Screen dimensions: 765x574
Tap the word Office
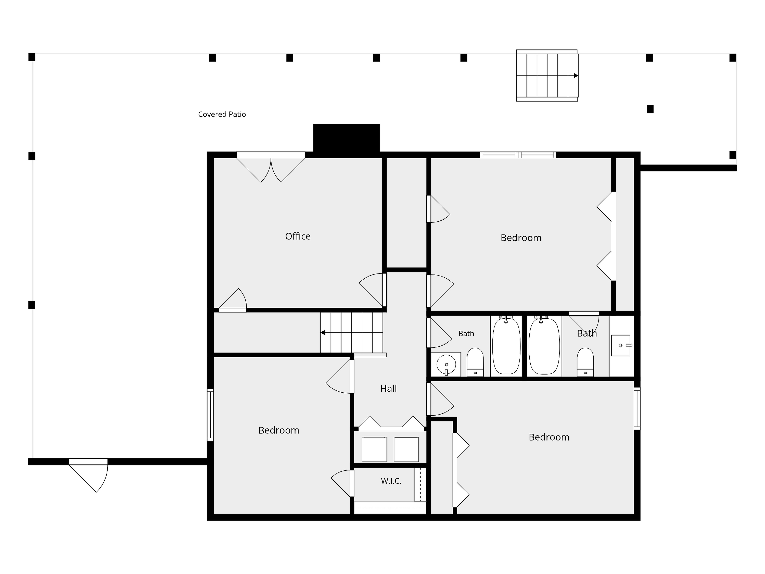click(x=298, y=236)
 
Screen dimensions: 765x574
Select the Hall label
click(x=388, y=389)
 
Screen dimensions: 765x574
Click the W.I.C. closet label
click(x=391, y=481)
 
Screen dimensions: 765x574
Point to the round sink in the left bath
click(x=446, y=364)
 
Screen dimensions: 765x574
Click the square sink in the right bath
click(x=621, y=345)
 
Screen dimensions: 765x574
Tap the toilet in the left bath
click(x=475, y=362)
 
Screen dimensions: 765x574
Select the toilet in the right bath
click(x=585, y=362)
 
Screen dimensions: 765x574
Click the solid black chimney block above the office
click(x=347, y=138)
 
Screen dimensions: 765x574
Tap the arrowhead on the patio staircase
click(x=576, y=76)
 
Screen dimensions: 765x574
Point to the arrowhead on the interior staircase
click(x=323, y=332)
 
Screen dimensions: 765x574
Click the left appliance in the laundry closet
click(x=374, y=449)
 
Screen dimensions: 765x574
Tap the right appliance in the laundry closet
click(x=406, y=449)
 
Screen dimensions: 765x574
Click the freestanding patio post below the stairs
click(x=650, y=109)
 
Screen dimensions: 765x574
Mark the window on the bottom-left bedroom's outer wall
click(x=210, y=415)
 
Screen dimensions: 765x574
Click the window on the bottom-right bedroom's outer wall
click(x=637, y=409)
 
